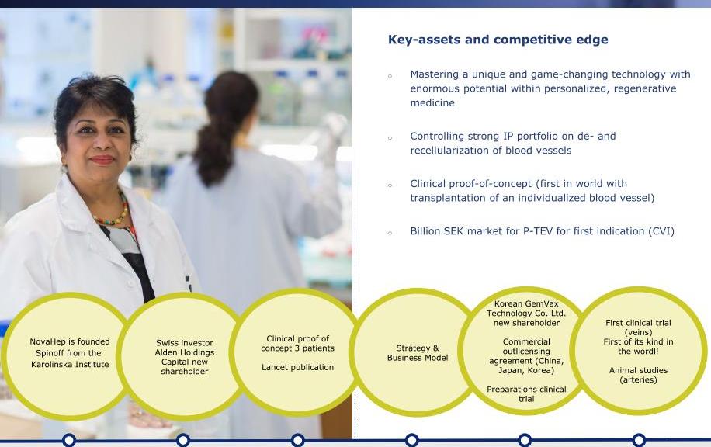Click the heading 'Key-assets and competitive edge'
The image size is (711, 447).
(498, 40)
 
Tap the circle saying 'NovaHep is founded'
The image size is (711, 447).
(69, 356)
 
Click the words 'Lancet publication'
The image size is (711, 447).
(297, 367)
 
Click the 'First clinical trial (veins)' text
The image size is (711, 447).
(638, 327)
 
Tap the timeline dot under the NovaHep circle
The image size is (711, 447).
(69, 440)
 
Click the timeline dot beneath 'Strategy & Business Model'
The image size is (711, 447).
(411, 440)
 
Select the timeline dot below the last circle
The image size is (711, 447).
(639, 440)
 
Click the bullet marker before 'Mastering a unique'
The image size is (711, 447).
(390, 76)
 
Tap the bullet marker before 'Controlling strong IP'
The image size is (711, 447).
(390, 138)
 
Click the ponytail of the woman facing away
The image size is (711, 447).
(212, 150)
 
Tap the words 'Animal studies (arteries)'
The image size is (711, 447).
(638, 375)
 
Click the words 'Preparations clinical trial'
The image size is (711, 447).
(526, 394)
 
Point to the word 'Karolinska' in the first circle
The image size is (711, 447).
(53, 365)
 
